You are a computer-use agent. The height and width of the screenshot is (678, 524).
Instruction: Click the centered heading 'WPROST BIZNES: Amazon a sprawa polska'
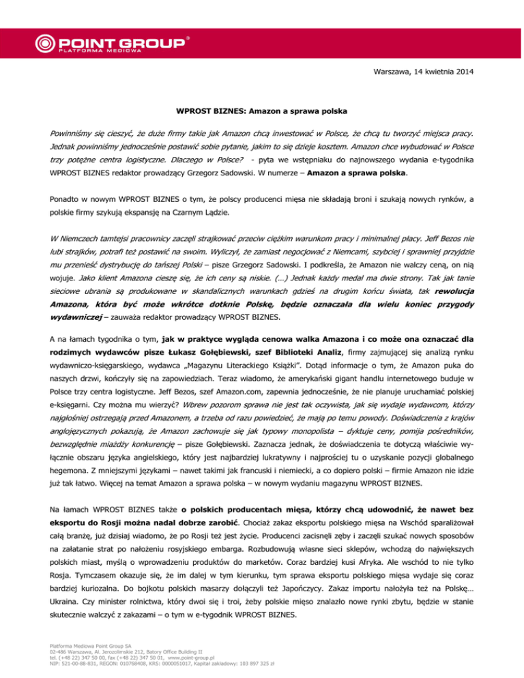point(262,109)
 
